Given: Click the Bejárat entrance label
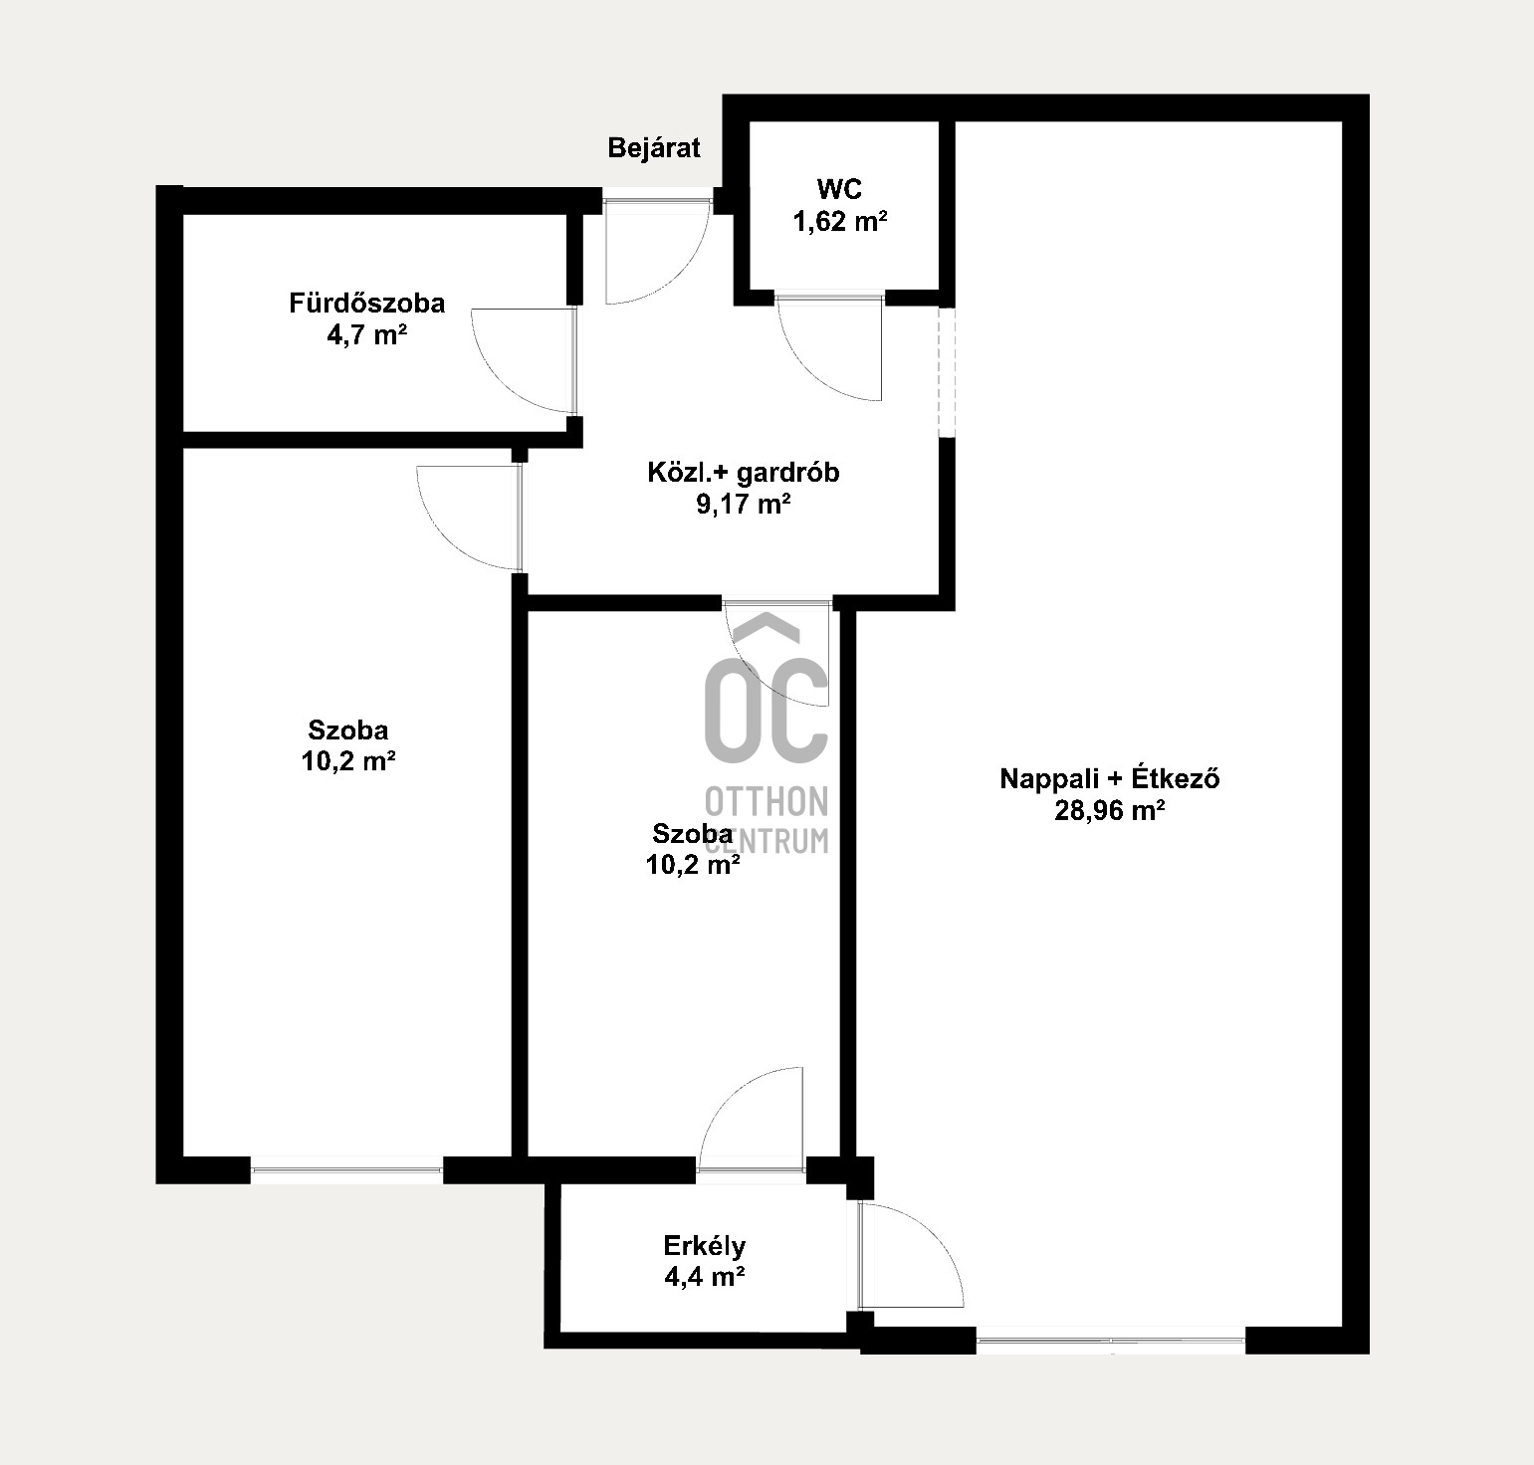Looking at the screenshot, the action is point(654,148).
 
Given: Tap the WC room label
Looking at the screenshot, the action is point(839,188).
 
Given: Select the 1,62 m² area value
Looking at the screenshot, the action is point(839,221).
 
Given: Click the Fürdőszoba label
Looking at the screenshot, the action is point(367,303).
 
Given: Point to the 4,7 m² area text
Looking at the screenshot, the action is point(367,335).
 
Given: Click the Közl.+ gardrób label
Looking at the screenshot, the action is point(743,472).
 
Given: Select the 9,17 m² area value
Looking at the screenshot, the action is point(743,505).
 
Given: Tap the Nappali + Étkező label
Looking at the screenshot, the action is point(1110,778).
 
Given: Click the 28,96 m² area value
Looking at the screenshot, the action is point(1110,811).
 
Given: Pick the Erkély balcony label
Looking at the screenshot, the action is point(705,1245).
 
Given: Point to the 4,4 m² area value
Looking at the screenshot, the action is point(705,1277).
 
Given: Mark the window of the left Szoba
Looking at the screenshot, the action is point(346,1170).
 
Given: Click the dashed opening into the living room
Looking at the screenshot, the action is point(947,371).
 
